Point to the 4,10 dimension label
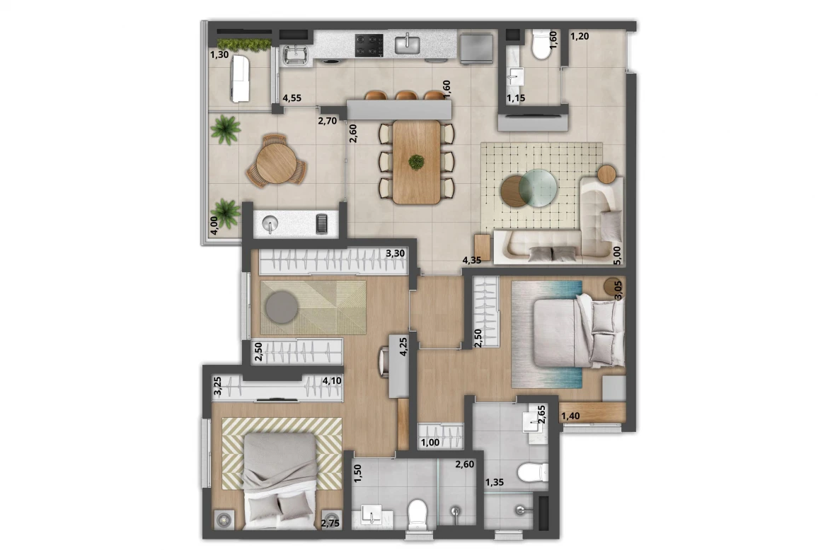tap(333, 381)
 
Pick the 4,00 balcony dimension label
tap(214, 226)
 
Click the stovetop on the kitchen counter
tap(369, 45)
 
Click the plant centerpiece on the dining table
tap(417, 163)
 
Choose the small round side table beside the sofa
tap(607, 172)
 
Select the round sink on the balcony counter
tap(270, 224)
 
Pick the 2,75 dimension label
tap(330, 524)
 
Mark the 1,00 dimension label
tap(430, 443)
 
